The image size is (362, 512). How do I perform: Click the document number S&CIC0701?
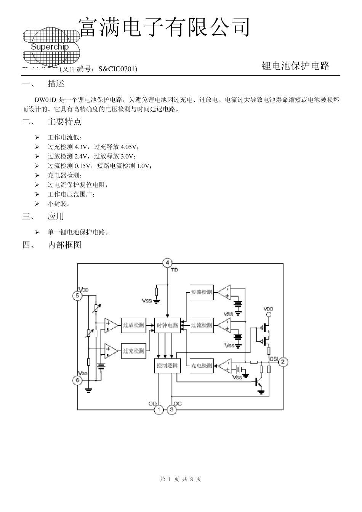pyautogui.click(x=117, y=69)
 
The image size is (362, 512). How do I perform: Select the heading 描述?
pyautogui.click(x=56, y=83)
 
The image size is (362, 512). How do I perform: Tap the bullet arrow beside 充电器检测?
pyautogui.click(x=37, y=175)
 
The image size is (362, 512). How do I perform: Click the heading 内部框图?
pyautogui.click(x=64, y=245)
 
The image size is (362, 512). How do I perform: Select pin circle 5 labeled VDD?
pyautogui.click(x=77, y=296)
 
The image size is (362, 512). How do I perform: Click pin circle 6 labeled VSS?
pyautogui.click(x=77, y=380)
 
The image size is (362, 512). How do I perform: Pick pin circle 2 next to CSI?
pyautogui.click(x=283, y=362)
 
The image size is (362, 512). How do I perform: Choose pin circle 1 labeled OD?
pyautogui.click(x=159, y=410)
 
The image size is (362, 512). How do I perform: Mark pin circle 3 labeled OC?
pyautogui.click(x=171, y=410)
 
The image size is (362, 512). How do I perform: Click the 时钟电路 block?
pyautogui.click(x=168, y=325)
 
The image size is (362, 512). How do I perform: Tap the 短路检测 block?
pyautogui.click(x=201, y=293)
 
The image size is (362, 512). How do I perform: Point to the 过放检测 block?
pyautogui.click(x=133, y=325)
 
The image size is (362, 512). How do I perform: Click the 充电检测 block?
pyautogui.click(x=201, y=365)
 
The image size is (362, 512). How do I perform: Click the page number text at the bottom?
pyautogui.click(x=181, y=479)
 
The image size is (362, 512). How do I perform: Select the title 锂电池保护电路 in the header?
pyautogui.click(x=296, y=66)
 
